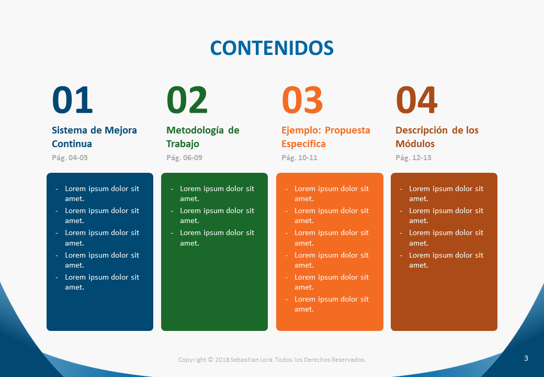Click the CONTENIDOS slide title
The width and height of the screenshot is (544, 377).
[x=271, y=48]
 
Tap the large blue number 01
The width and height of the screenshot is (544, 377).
[x=72, y=100]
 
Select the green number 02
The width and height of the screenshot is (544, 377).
[x=187, y=100]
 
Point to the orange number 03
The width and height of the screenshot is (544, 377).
[x=302, y=100]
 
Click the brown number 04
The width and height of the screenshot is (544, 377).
[x=416, y=100]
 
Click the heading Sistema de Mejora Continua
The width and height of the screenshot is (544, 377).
[x=94, y=137]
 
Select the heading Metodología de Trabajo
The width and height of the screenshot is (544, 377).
[x=203, y=137]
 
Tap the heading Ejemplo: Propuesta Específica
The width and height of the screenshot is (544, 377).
[x=326, y=137]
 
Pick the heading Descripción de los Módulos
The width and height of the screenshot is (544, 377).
[x=437, y=137]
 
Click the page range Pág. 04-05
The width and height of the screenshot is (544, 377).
[x=70, y=158]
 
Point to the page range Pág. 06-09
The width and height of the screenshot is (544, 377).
[x=184, y=158]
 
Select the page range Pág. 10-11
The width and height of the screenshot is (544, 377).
[x=299, y=158]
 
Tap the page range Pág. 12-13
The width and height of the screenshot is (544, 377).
[x=414, y=158]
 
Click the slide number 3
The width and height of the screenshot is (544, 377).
[x=526, y=358]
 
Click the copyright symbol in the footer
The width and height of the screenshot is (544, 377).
[x=210, y=360]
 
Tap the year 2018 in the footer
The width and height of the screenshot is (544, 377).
[x=222, y=360]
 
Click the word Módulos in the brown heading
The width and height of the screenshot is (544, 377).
[x=415, y=143]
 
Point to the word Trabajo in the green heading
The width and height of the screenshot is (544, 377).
[x=183, y=144]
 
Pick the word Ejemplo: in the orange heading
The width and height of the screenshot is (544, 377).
[x=301, y=130]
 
